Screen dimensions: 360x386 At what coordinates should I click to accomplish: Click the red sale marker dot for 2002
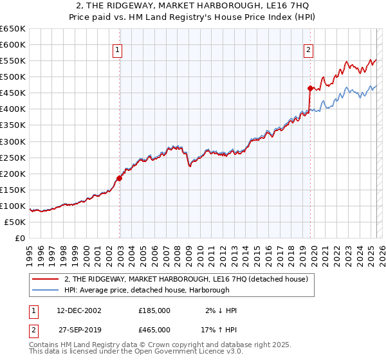click(120, 178)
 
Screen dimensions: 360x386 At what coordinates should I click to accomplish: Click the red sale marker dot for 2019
click(310, 88)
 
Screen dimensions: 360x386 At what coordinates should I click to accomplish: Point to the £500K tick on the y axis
click(14, 76)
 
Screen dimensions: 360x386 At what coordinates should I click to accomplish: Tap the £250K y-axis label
click(14, 157)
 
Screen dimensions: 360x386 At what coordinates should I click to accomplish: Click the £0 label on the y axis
click(19, 238)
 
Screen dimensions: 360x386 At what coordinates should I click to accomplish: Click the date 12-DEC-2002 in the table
click(79, 310)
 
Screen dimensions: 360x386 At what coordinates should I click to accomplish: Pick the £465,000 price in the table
click(154, 330)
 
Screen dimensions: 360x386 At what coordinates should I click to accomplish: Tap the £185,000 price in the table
click(154, 310)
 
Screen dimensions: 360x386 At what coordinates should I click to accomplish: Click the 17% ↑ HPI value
click(219, 330)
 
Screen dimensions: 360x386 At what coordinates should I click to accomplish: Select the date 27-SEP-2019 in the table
click(79, 330)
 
